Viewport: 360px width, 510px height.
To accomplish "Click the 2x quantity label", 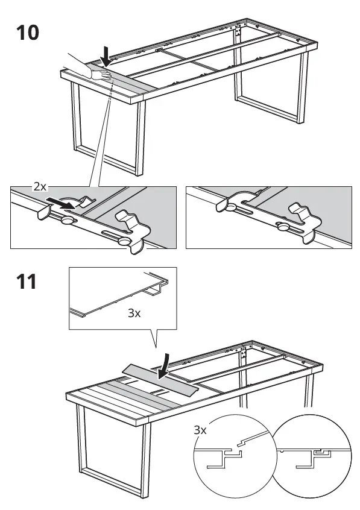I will click(x=40, y=187).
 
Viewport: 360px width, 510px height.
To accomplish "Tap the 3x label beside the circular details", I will click(x=200, y=430).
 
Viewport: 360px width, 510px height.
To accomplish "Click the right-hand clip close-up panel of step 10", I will click(x=268, y=218).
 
